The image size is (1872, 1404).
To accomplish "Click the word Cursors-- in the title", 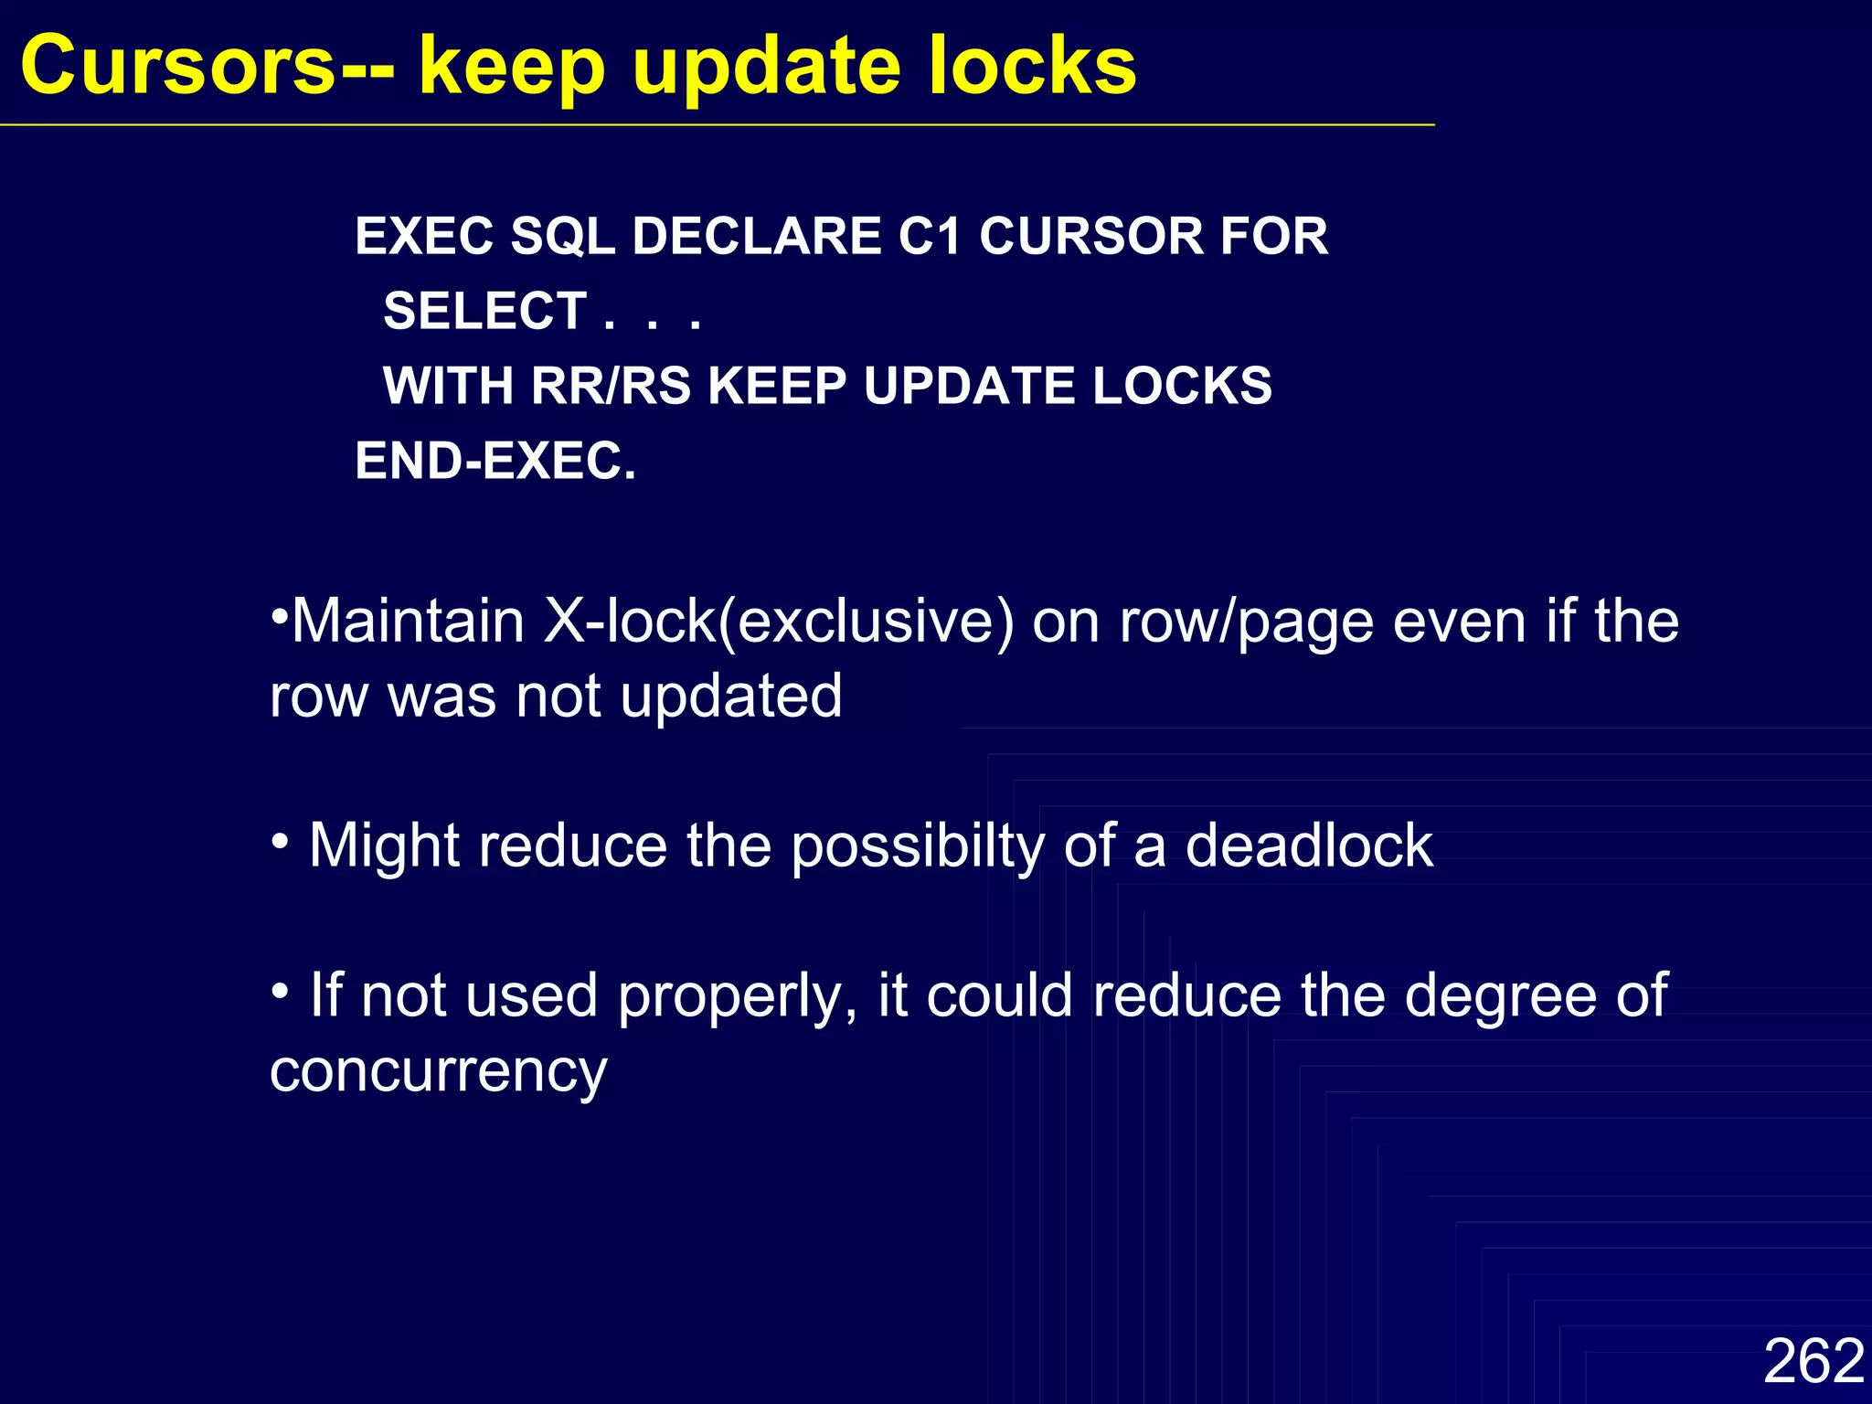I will [207, 66].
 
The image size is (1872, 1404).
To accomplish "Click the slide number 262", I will [1813, 1360].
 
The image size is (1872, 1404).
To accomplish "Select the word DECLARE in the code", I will [755, 236].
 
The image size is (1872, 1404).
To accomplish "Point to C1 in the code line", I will [930, 236].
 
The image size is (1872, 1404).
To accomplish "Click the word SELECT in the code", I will [485, 311].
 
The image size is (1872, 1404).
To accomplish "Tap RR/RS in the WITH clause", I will [611, 386].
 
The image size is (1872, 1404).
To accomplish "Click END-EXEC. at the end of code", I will [495, 461].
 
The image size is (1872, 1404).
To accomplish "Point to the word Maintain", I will [408, 622].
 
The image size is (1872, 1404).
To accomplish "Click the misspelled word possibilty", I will [917, 846].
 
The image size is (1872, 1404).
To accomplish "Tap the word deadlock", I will [1309, 845].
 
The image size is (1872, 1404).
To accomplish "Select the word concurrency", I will [438, 1071].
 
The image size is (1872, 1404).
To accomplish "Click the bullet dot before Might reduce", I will [281, 839].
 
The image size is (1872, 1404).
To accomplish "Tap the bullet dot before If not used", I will [281, 990].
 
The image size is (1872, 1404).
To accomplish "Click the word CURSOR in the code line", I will [1090, 236].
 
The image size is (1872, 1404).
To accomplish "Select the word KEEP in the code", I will [777, 386].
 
